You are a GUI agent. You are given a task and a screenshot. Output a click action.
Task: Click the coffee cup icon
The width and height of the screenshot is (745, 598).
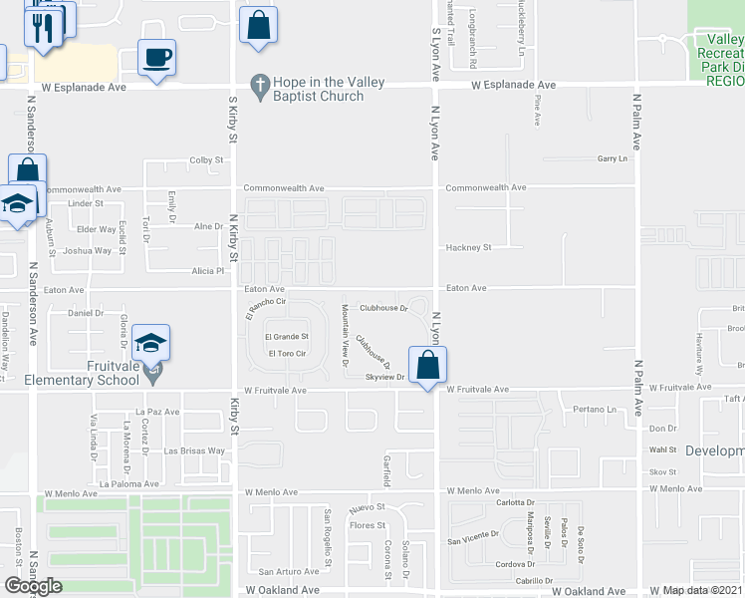pyautogui.click(x=156, y=58)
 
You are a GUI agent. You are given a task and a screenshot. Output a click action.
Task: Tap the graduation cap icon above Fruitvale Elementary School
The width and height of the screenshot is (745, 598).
pyautogui.click(x=149, y=343)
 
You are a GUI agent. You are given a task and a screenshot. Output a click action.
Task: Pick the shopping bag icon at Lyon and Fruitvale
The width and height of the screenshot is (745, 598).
pyautogui.click(x=427, y=364)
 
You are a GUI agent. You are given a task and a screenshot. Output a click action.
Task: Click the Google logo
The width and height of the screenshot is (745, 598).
pyautogui.click(x=33, y=585)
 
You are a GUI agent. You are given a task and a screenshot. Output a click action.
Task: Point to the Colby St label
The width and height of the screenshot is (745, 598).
pyautogui.click(x=206, y=159)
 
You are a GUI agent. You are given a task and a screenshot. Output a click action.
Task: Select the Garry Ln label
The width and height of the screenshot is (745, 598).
pyautogui.click(x=613, y=158)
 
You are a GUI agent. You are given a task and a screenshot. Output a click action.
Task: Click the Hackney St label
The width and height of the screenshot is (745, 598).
pyautogui.click(x=468, y=247)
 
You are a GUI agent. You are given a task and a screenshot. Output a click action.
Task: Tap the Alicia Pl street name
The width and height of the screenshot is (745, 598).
pyautogui.click(x=208, y=270)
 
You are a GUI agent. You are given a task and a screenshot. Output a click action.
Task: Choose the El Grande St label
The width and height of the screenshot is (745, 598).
pyautogui.click(x=287, y=337)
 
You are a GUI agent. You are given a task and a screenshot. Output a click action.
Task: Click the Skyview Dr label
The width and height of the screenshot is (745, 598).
pyautogui.click(x=384, y=377)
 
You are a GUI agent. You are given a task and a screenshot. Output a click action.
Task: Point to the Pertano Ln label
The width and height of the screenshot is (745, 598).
pyautogui.click(x=596, y=409)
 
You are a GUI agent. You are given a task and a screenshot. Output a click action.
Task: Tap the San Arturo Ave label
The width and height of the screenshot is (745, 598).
pyautogui.click(x=289, y=571)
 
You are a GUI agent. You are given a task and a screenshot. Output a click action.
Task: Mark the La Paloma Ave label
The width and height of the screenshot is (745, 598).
pyautogui.click(x=123, y=483)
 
